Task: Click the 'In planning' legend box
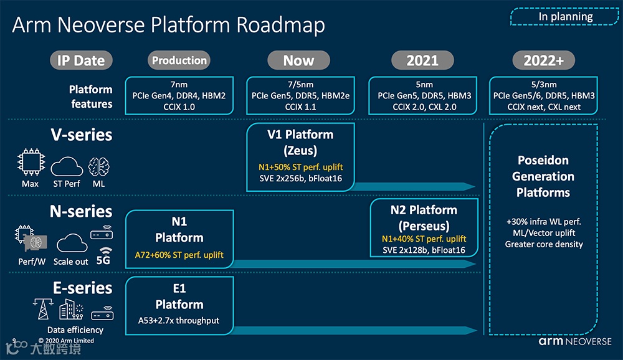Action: tap(565, 17)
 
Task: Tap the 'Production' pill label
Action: tap(179, 60)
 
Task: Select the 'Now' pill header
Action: tap(298, 60)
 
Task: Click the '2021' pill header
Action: tap(422, 60)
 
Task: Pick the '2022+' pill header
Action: tap(543, 60)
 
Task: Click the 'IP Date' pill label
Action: tap(82, 60)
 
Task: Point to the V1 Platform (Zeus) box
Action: tap(300, 156)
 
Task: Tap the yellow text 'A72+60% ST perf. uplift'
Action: tap(179, 255)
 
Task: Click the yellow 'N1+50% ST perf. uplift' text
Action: tap(300, 168)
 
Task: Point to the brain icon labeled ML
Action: tap(98, 165)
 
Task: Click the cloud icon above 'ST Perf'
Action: tap(66, 166)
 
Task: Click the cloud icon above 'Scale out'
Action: tap(71, 243)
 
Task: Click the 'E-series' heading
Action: tap(82, 288)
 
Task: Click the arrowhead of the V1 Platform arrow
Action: tap(470, 186)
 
